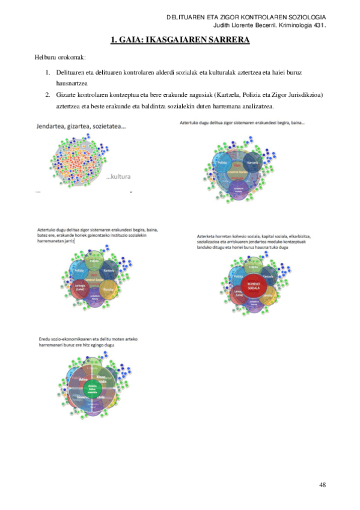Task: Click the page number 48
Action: [x=322, y=484]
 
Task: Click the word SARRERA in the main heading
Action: [x=225, y=41]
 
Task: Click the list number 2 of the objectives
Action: [x=47, y=95]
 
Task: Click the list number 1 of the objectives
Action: [x=47, y=72]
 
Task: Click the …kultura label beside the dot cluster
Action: [x=118, y=177]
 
